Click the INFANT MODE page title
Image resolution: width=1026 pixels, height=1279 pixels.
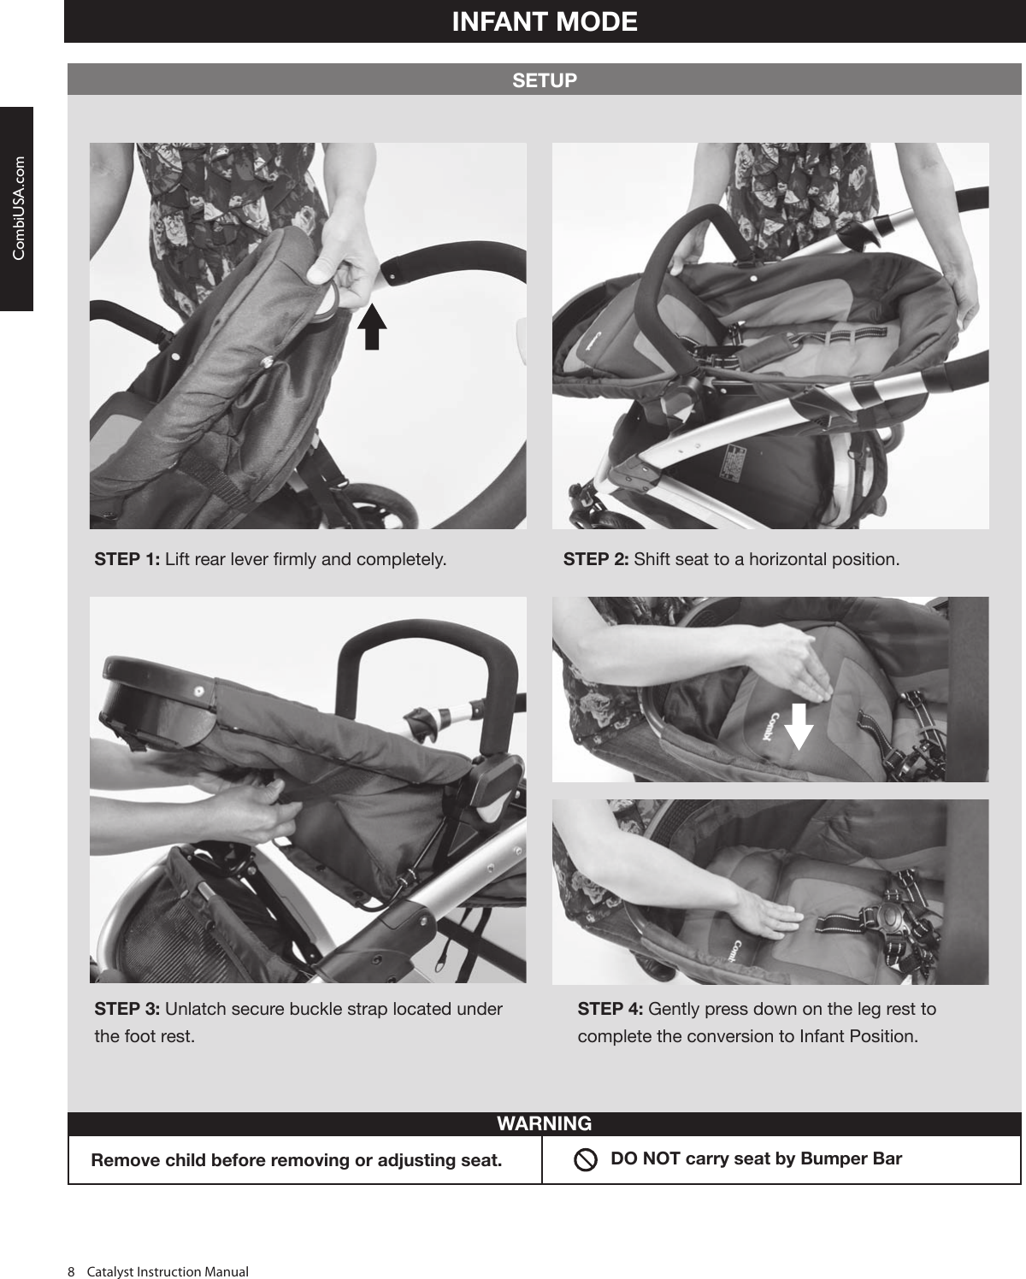pos(545,21)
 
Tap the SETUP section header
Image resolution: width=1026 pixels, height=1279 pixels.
pos(545,80)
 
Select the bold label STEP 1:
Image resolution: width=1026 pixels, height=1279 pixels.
pos(127,560)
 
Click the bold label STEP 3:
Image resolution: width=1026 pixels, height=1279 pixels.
pos(127,1009)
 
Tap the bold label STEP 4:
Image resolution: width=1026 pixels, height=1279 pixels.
pos(610,1009)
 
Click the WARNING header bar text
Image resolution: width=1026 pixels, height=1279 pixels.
pos(545,1123)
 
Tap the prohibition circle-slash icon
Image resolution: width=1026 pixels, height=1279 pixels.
pos(586,1160)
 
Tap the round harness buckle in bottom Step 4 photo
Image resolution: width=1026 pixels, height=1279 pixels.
pos(894,918)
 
